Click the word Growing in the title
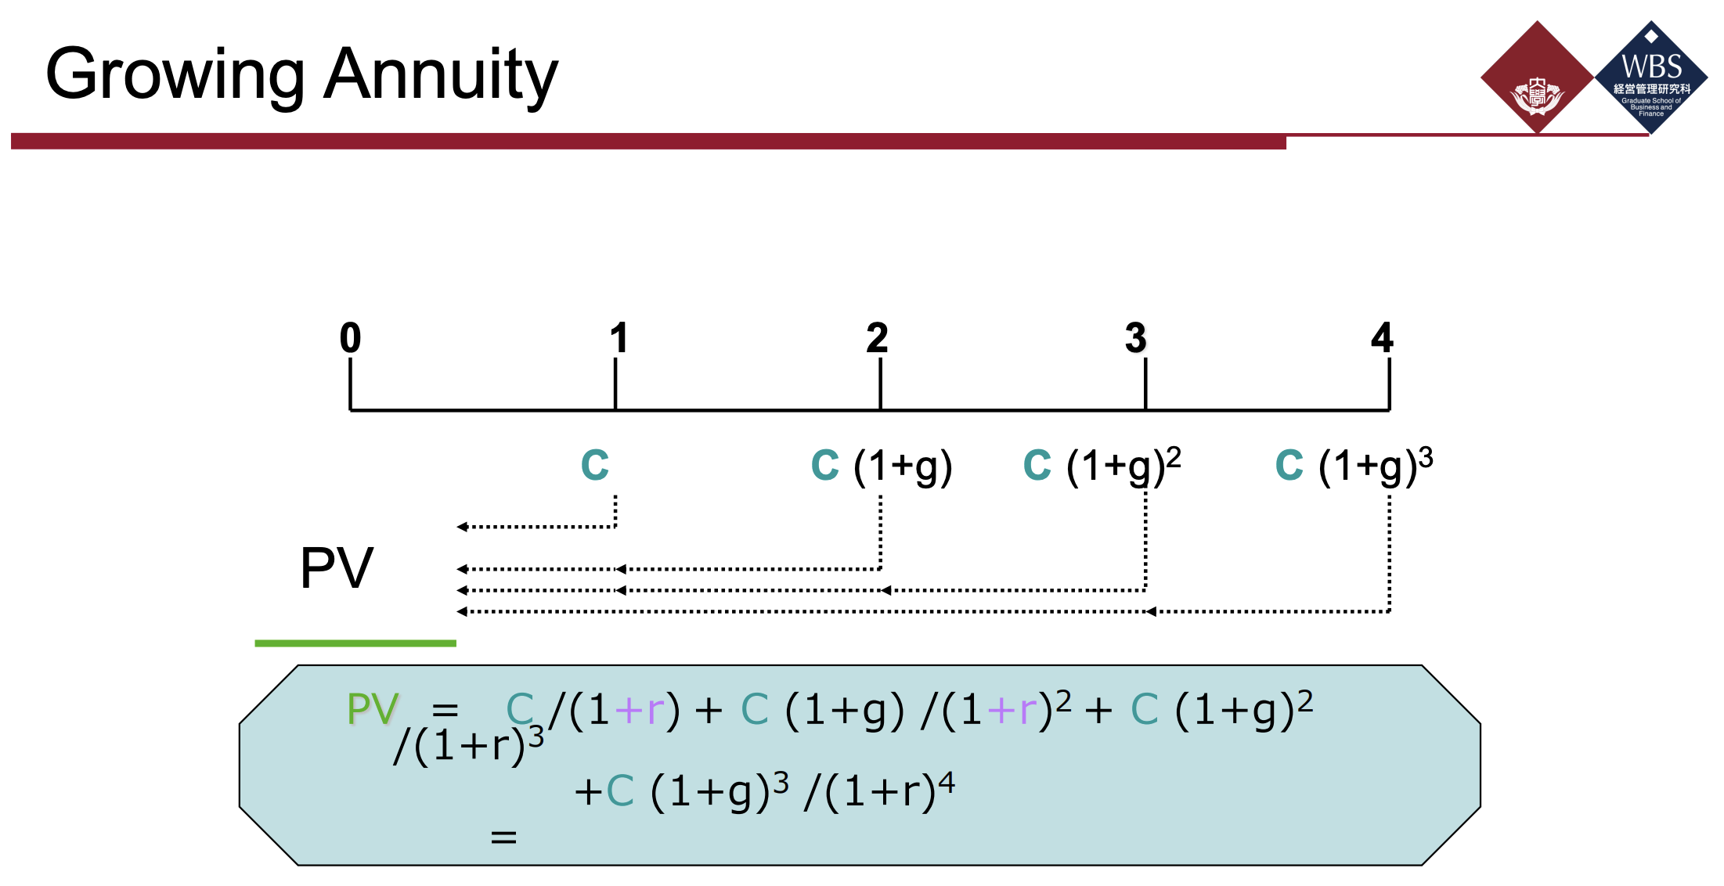click(x=175, y=75)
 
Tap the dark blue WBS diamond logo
click(x=1651, y=77)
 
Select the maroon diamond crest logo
click(x=1537, y=77)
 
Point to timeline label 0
click(x=350, y=338)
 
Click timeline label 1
click(x=619, y=338)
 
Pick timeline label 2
click(x=877, y=338)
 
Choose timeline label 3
click(x=1135, y=338)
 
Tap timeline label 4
click(x=1382, y=338)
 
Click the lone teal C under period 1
click(x=595, y=465)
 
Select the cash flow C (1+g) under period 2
click(x=882, y=466)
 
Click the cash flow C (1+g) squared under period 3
click(x=1102, y=466)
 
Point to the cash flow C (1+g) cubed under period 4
click(x=1354, y=466)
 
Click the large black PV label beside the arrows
click(x=337, y=568)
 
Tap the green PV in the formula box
click(x=373, y=709)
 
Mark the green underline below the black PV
click(x=355, y=643)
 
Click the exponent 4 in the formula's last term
click(x=947, y=781)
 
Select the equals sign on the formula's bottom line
click(x=503, y=837)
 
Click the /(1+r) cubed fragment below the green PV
click(x=468, y=745)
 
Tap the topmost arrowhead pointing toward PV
click(x=462, y=527)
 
